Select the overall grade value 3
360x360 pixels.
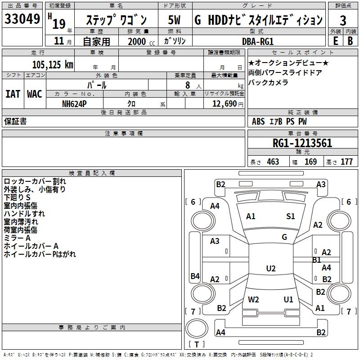343,20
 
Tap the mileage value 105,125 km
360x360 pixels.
53,65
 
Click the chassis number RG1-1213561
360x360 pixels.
302,144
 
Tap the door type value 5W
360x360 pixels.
174,20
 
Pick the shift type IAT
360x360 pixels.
13,94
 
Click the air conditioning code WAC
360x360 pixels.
34,94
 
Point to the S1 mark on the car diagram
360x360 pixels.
291,216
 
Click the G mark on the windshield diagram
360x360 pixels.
284,237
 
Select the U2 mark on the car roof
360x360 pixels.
270,269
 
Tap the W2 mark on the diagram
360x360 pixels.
253,300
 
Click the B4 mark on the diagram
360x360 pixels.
195,276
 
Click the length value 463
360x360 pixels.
273,162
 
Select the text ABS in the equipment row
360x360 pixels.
258,121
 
